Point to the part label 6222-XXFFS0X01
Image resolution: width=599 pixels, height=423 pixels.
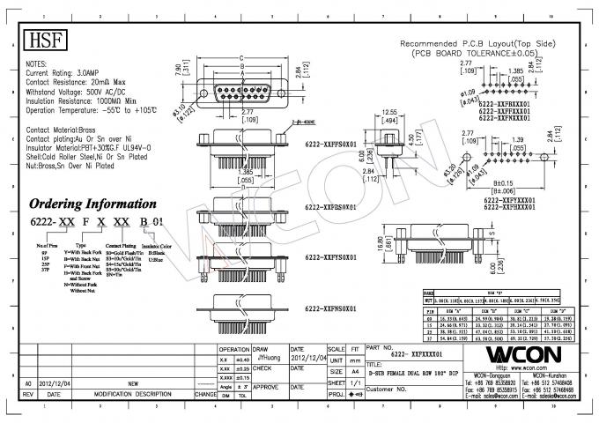(x=329, y=143)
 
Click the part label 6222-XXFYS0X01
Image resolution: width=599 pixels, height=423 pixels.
(x=329, y=257)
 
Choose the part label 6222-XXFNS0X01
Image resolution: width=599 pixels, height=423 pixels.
(x=329, y=309)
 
